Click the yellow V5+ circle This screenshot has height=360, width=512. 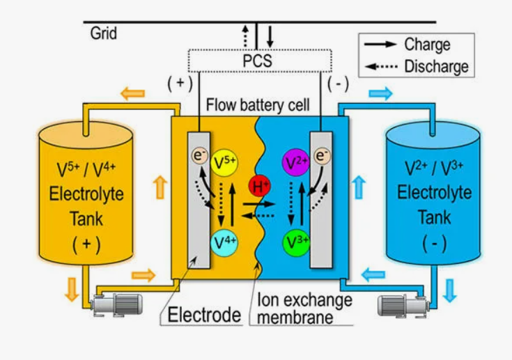(x=224, y=162)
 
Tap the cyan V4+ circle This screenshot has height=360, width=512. (x=224, y=243)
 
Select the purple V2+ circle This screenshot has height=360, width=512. (x=295, y=162)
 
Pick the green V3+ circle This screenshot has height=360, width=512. (x=296, y=243)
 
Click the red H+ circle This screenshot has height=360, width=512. (x=260, y=187)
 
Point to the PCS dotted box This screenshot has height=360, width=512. (x=260, y=61)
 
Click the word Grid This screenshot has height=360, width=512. (x=103, y=33)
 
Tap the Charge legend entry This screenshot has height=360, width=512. (x=408, y=45)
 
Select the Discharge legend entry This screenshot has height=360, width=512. (x=417, y=66)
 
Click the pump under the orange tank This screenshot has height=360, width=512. (x=117, y=304)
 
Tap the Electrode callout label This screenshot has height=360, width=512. (x=204, y=315)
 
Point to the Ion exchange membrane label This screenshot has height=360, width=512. (x=304, y=308)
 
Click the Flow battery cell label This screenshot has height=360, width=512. (x=258, y=105)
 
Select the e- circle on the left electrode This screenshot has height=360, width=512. (x=199, y=155)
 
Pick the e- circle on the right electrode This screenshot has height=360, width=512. (x=323, y=155)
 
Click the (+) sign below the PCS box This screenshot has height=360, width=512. (x=180, y=84)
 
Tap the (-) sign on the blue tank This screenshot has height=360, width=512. (x=434, y=244)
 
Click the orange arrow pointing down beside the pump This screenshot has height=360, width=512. (x=72, y=289)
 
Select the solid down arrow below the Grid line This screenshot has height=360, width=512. (x=270, y=36)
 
